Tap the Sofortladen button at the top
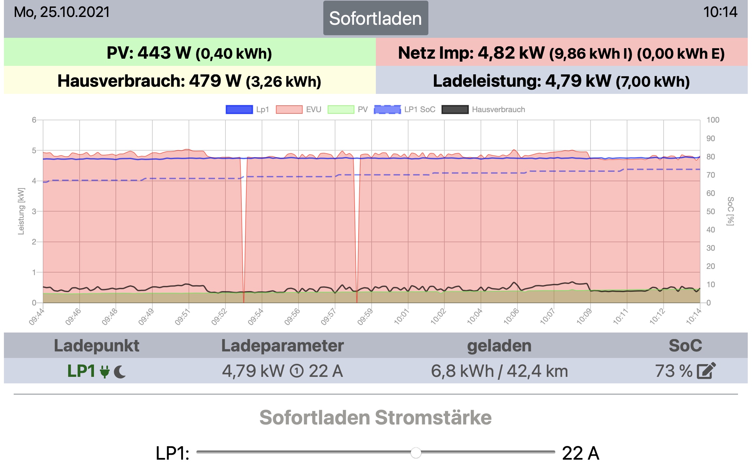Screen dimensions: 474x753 click(376, 18)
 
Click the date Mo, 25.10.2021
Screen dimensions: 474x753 click(62, 12)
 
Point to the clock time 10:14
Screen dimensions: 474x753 click(720, 12)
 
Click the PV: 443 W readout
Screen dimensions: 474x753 click(189, 53)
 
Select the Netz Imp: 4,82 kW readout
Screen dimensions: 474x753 click(561, 53)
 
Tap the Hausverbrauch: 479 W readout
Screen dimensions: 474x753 click(189, 81)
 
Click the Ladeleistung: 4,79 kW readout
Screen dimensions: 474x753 click(561, 81)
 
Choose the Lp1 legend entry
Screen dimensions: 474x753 click(247, 110)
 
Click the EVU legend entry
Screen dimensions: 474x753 click(299, 110)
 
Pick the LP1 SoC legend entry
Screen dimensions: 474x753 click(405, 110)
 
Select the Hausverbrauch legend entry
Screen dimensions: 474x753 click(483, 110)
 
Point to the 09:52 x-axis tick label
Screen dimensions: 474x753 click(219, 317)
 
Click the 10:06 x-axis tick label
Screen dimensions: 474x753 click(511, 317)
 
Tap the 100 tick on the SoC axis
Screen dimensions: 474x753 click(713, 120)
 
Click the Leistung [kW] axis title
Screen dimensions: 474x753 click(21, 211)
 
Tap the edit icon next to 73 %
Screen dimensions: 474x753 click(706, 371)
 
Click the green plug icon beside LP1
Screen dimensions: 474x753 click(104, 371)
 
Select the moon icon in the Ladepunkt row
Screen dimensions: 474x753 click(120, 372)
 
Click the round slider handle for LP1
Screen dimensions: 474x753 click(416, 452)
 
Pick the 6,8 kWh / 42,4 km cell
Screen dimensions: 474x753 click(499, 371)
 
